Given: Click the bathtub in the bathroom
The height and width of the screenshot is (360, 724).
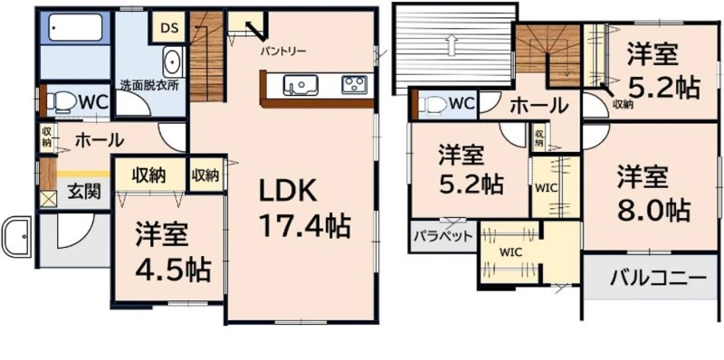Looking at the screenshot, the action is [x=75, y=28].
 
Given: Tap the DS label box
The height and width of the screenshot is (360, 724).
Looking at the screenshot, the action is [x=169, y=28].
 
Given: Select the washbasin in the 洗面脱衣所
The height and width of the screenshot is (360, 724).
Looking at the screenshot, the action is [x=174, y=62].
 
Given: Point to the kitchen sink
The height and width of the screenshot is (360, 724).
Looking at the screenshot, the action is [x=300, y=85].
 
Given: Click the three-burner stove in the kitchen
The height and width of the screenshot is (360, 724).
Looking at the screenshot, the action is [x=354, y=84].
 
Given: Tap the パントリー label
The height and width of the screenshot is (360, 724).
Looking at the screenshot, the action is [x=282, y=51].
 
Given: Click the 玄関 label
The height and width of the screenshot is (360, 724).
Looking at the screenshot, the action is [x=84, y=191].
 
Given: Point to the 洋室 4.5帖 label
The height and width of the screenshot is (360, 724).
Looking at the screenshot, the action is [x=173, y=252].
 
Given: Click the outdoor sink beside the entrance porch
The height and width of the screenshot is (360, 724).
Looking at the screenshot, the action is [x=16, y=236].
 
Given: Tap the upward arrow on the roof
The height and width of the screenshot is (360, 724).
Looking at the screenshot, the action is [x=451, y=45].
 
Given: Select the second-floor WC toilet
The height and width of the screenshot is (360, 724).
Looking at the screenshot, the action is [x=433, y=105].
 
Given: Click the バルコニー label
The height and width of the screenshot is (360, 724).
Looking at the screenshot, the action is [x=659, y=277].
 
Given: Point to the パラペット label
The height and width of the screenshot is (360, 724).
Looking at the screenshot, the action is [x=443, y=236].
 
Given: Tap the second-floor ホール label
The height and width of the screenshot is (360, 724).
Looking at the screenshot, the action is [x=538, y=106].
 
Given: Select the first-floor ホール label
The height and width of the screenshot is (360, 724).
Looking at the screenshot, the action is [x=100, y=139].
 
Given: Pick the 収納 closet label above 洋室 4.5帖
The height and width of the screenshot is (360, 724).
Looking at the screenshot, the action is [x=149, y=175].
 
